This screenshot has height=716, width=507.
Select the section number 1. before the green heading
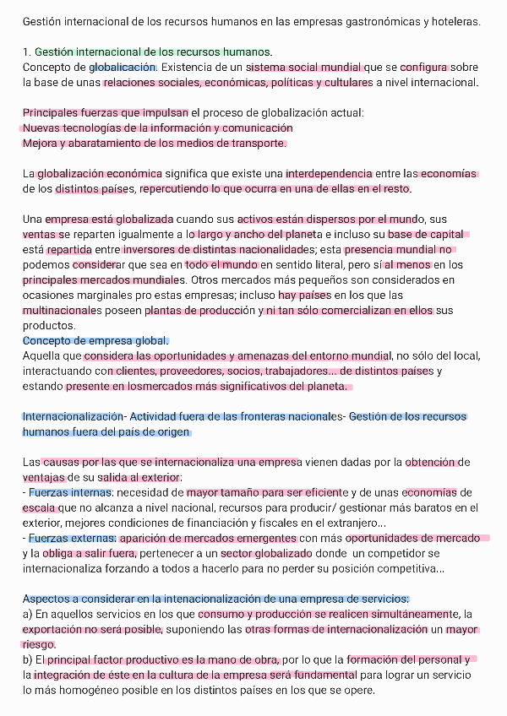27,52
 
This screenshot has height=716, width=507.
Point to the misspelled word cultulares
344,82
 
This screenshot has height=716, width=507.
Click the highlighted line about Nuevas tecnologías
157,127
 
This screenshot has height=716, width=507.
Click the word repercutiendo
174,188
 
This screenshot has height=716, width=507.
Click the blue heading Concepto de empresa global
95,340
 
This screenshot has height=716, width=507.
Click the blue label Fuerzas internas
69,492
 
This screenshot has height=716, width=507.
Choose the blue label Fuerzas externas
71,538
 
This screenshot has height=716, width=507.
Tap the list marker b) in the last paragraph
28,659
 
